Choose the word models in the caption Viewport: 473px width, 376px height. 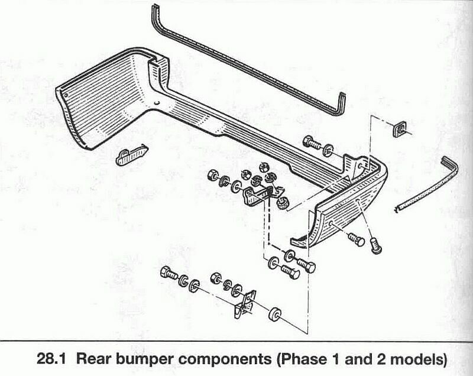[417, 359]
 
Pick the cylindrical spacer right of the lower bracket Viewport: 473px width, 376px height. [275, 314]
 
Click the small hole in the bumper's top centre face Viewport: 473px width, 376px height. [157, 105]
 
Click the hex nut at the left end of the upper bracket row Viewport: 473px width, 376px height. [211, 176]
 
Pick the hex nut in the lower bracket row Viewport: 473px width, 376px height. [217, 277]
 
